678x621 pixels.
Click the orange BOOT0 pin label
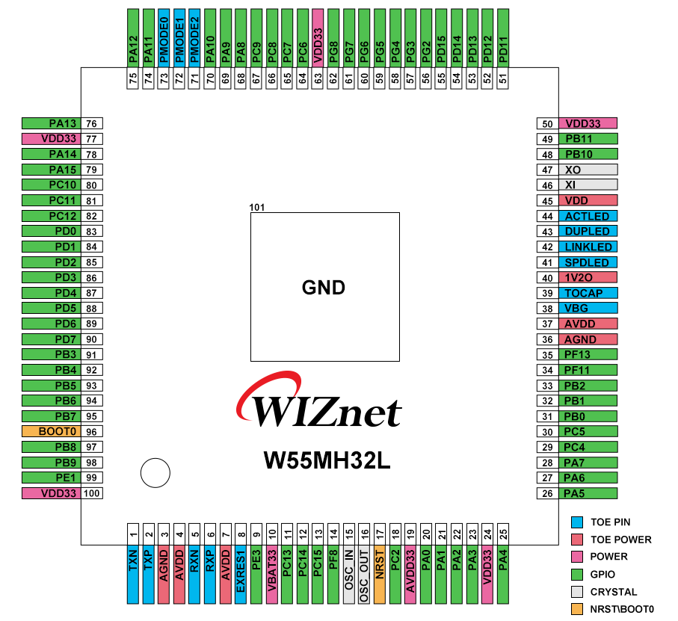coord(51,431)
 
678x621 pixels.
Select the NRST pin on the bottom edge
coord(380,572)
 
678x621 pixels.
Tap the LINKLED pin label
coord(588,247)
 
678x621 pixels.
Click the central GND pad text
coord(324,287)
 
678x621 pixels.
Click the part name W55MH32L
coord(327,460)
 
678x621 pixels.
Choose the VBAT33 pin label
coord(272,572)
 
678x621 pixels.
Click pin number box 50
coord(547,123)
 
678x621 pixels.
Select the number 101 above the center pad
coord(257,207)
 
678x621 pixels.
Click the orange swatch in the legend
coord(576,609)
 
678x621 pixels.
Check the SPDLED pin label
coord(588,262)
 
